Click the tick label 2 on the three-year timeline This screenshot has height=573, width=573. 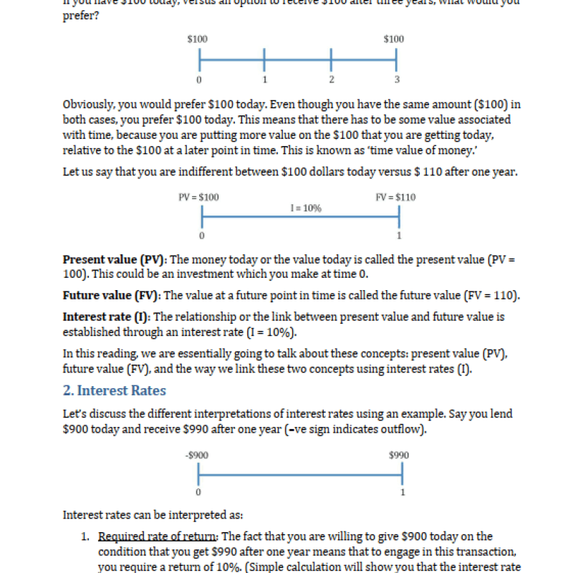(x=331, y=79)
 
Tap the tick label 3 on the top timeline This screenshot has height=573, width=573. (x=397, y=79)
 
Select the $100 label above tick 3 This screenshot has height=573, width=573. (x=393, y=39)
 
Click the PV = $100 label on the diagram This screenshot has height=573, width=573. (x=198, y=197)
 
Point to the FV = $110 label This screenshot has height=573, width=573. (x=395, y=197)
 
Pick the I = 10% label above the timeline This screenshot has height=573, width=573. (x=306, y=208)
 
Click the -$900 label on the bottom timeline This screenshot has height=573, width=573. (x=197, y=455)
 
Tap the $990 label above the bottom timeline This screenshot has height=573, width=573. (x=399, y=455)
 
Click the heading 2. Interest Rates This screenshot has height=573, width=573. (x=115, y=390)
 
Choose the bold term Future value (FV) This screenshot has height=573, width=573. (x=111, y=295)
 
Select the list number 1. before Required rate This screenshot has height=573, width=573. (x=85, y=536)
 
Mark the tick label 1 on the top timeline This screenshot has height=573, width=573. (x=264, y=79)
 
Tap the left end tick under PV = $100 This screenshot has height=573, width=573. (x=202, y=216)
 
